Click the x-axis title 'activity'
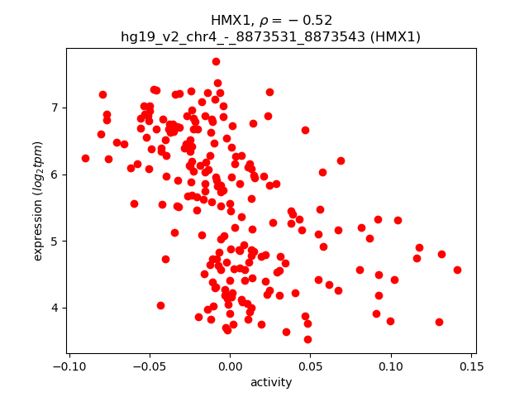click(x=271, y=382)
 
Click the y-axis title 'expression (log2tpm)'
click(x=38, y=201)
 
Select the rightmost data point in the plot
click(x=457, y=270)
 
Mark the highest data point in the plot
click(x=216, y=61)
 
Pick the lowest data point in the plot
click(x=307, y=339)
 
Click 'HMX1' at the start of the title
click(x=227, y=20)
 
